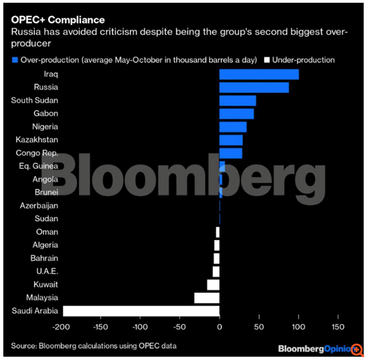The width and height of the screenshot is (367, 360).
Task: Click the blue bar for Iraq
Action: pos(259,74)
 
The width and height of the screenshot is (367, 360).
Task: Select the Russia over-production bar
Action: pos(254,87)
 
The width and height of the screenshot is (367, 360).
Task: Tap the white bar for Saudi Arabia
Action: pos(141,311)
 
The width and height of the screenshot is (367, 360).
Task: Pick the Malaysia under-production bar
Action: pos(207,297)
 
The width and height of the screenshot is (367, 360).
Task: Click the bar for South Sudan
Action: pos(237,100)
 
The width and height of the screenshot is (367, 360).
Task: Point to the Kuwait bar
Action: pos(213,284)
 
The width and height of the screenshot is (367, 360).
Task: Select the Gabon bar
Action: pos(236,113)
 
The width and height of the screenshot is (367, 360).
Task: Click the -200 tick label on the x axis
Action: pos(61,327)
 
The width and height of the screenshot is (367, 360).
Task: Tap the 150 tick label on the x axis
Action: pos(338,327)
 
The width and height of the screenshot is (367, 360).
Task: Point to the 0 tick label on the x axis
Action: pos(219,327)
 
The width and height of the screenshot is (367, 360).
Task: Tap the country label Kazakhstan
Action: pos(37,139)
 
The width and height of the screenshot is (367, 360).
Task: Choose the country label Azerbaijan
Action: pos(38,206)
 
